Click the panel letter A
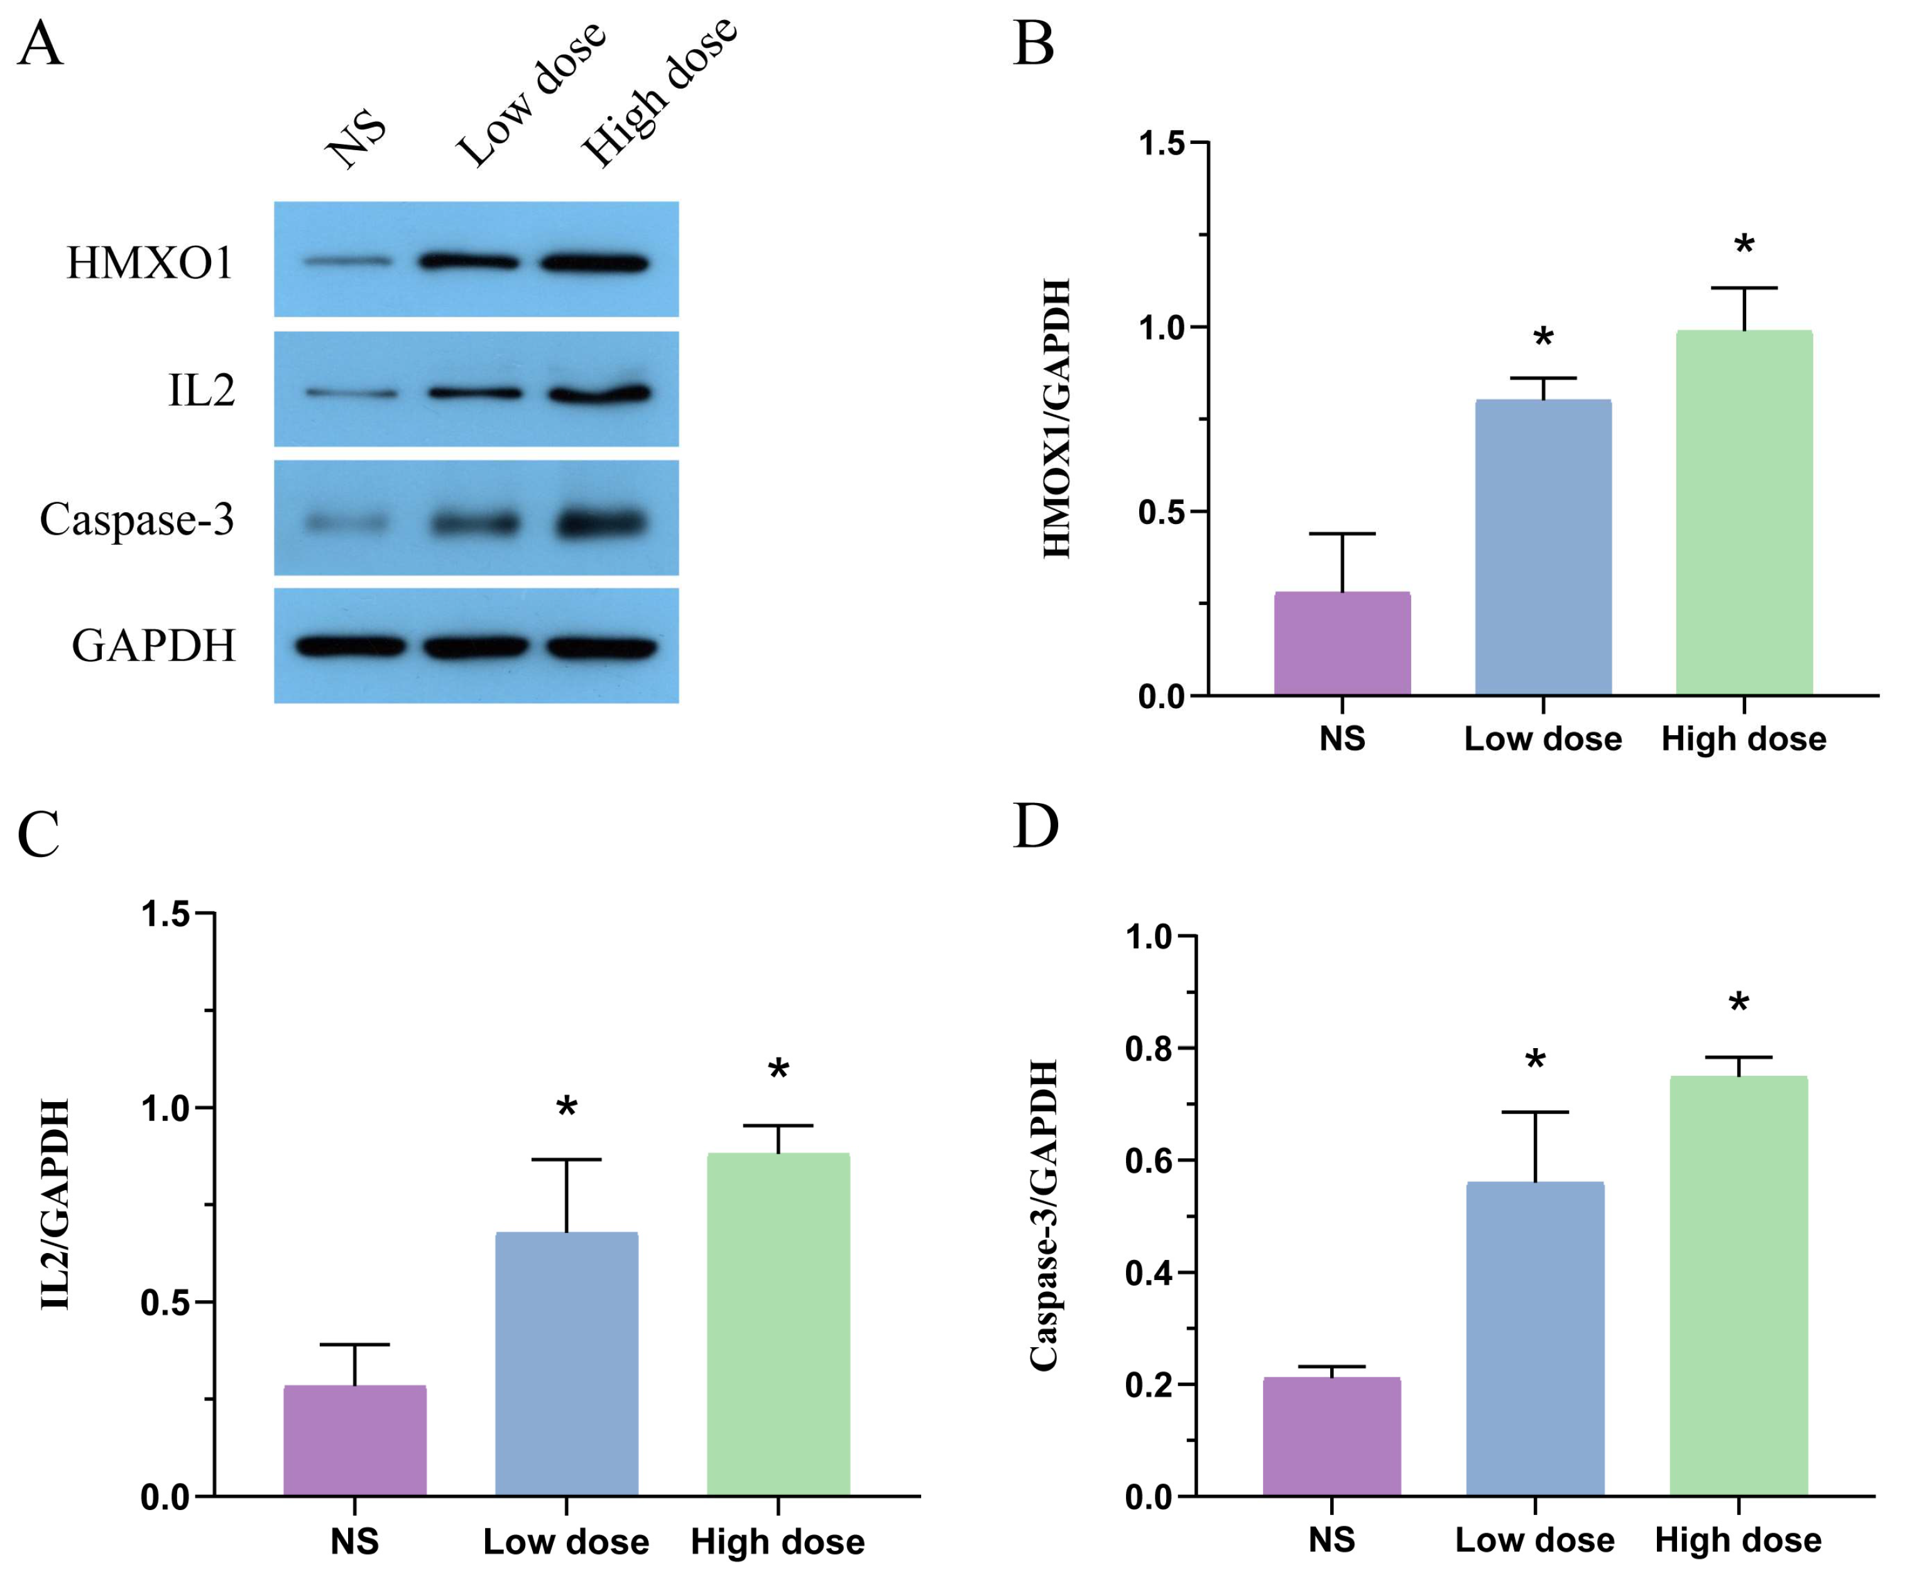pyautogui.click(x=40, y=43)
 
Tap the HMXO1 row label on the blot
pyautogui.click(x=150, y=263)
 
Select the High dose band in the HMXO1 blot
pyautogui.click(x=595, y=263)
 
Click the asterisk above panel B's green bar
pyautogui.click(x=1744, y=245)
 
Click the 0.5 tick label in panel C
pyautogui.click(x=165, y=1302)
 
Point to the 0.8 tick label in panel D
pyautogui.click(x=1149, y=1049)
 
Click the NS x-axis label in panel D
pyautogui.click(x=1331, y=1540)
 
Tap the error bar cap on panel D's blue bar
pyautogui.click(x=1534, y=1112)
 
